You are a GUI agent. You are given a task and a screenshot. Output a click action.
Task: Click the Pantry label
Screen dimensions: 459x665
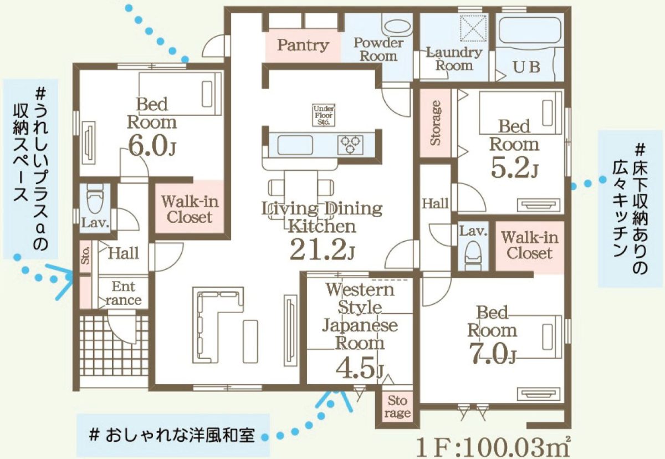[303, 45]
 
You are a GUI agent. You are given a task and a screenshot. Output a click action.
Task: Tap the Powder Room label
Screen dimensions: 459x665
[379, 49]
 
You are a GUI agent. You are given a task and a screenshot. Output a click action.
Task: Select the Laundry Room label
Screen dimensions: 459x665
[454, 59]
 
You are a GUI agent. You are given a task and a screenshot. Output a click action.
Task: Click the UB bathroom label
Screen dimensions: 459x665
[526, 67]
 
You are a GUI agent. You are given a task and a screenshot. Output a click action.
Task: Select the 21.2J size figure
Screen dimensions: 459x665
[321, 249]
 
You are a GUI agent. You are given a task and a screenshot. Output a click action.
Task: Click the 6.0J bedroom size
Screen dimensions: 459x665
[152, 145]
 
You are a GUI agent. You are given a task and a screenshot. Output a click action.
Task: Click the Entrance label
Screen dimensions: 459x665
[123, 294]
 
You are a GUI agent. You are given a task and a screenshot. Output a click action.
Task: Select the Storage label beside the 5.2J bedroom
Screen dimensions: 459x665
[436, 123]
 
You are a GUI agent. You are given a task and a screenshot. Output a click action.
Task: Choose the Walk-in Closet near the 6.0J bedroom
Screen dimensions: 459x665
[190, 208]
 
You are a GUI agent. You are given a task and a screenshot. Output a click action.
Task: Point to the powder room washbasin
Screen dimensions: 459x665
[395, 26]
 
